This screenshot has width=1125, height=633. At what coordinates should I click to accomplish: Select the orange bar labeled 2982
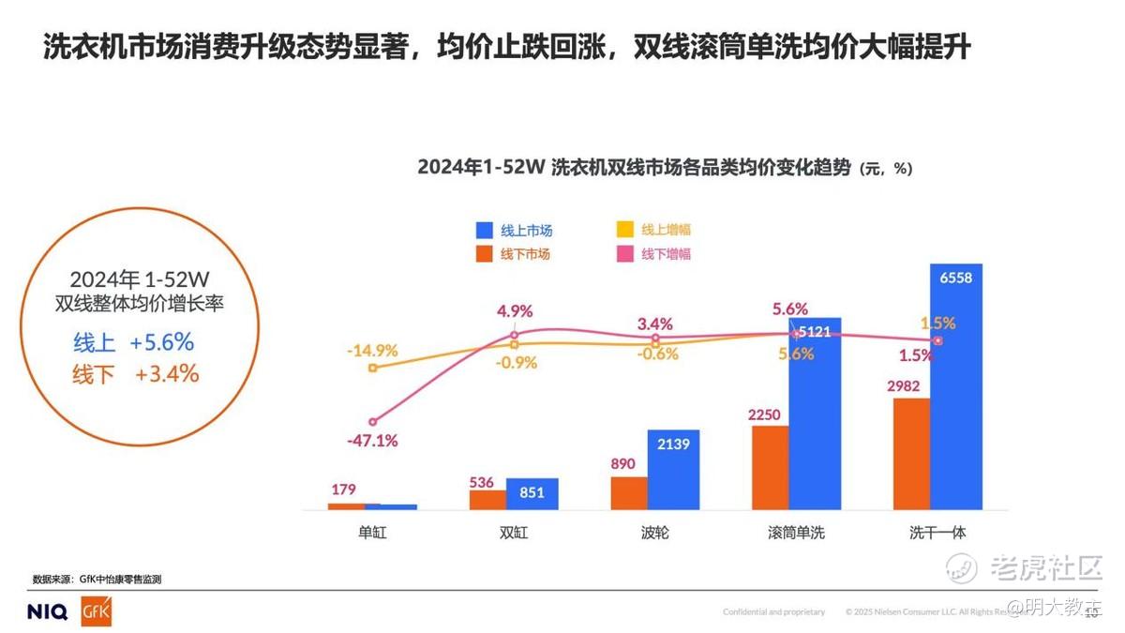pos(910,454)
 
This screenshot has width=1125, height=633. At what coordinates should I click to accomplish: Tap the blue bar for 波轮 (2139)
pos(673,470)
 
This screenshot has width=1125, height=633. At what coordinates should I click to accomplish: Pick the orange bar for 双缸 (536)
pos(487,500)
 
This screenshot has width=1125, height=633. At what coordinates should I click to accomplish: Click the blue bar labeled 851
pos(532,494)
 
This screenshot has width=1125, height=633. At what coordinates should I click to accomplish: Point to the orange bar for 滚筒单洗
pos(770,468)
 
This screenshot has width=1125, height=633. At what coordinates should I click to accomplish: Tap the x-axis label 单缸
pos(372,533)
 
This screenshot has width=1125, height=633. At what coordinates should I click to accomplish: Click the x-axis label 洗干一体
pos(937,533)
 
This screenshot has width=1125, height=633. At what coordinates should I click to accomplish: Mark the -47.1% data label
pos(372,440)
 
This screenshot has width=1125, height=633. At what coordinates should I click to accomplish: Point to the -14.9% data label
pos(372,351)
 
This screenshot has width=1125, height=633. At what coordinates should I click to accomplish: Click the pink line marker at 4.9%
pos(514,334)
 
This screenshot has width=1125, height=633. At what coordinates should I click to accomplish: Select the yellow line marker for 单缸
pos(372,368)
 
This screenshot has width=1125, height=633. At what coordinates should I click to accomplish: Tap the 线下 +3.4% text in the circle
pos(136,374)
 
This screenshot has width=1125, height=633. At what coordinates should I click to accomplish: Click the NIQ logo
pos(47,612)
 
